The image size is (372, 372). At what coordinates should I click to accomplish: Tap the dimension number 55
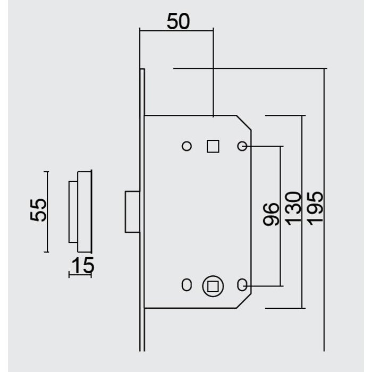[x=38, y=209]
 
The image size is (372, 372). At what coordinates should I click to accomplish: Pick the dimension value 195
[x=315, y=206]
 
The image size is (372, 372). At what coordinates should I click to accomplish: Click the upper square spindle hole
[x=213, y=146]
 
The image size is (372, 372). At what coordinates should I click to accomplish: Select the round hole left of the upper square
[x=187, y=146]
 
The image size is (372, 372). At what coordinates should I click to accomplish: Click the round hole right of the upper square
[x=241, y=146]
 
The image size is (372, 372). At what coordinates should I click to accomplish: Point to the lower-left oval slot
[x=185, y=285]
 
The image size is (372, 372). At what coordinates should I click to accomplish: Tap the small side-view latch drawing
[x=80, y=211]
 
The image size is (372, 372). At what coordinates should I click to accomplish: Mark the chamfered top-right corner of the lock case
[x=243, y=123]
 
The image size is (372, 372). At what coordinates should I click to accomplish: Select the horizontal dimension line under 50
[x=176, y=31]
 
